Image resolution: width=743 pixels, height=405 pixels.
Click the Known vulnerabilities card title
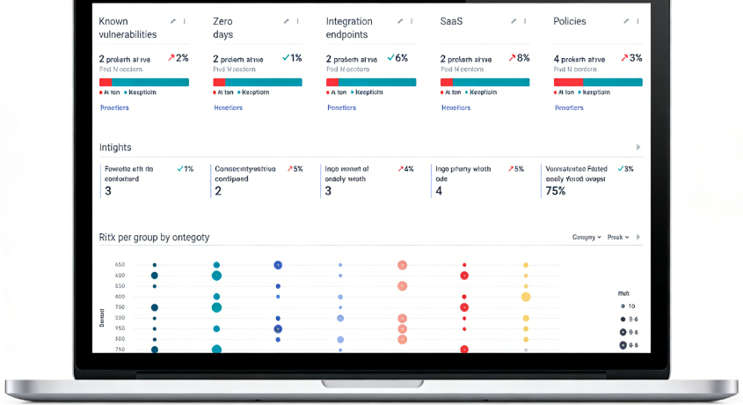[127, 28]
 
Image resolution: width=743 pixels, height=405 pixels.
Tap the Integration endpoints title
[349, 28]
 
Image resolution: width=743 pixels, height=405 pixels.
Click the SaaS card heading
[452, 21]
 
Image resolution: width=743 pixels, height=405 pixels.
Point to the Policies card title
[570, 21]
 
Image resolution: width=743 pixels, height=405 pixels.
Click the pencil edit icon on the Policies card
[625, 21]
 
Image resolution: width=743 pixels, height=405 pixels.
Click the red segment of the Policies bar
[568, 82]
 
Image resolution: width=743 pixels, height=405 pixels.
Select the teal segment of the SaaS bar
[492, 82]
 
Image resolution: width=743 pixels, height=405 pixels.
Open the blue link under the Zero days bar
[229, 107]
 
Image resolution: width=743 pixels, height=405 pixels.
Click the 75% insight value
[556, 190]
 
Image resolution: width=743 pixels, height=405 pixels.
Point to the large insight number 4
[439, 190]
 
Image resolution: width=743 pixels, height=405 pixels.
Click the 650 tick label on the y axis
[120, 265]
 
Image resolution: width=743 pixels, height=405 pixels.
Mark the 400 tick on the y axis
[120, 276]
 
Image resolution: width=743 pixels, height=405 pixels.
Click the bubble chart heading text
[155, 237]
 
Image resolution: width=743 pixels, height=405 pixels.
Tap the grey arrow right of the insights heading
[638, 147]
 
